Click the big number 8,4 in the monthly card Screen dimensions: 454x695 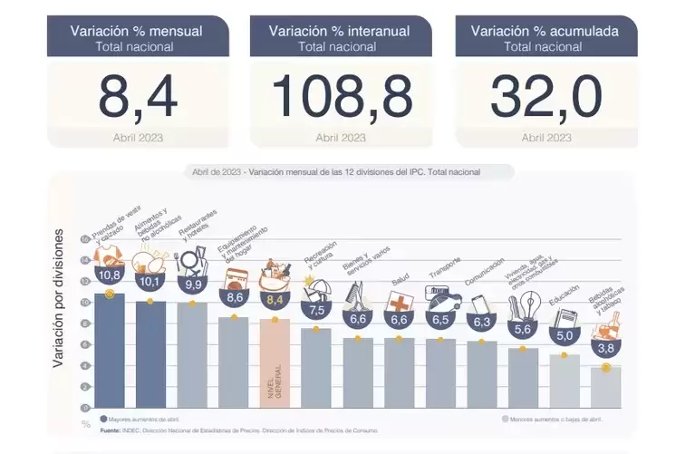138,96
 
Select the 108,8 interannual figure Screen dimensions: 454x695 341,96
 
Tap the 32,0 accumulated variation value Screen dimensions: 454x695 546,96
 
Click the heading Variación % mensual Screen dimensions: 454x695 137,31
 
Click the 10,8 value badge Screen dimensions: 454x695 110,275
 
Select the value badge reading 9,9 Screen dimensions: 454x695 192,285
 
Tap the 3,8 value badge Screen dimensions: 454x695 605,348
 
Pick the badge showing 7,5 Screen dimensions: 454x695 317,309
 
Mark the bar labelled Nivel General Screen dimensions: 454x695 275,362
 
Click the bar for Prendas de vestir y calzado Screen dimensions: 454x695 110,350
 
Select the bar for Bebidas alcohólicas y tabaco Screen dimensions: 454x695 605,387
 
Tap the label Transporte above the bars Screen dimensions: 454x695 445,271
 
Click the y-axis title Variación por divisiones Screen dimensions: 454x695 59,298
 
